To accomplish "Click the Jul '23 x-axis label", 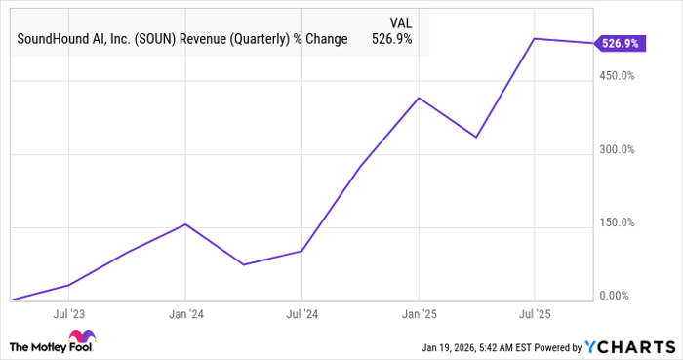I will click(69, 315).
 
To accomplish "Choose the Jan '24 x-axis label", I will click(185, 315).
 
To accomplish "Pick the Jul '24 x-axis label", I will click(302, 315).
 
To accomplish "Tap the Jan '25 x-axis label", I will click(420, 315).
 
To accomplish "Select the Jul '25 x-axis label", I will click(536, 315).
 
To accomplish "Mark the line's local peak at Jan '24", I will click(185, 224).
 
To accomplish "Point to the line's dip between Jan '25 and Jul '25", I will click(476, 137).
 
